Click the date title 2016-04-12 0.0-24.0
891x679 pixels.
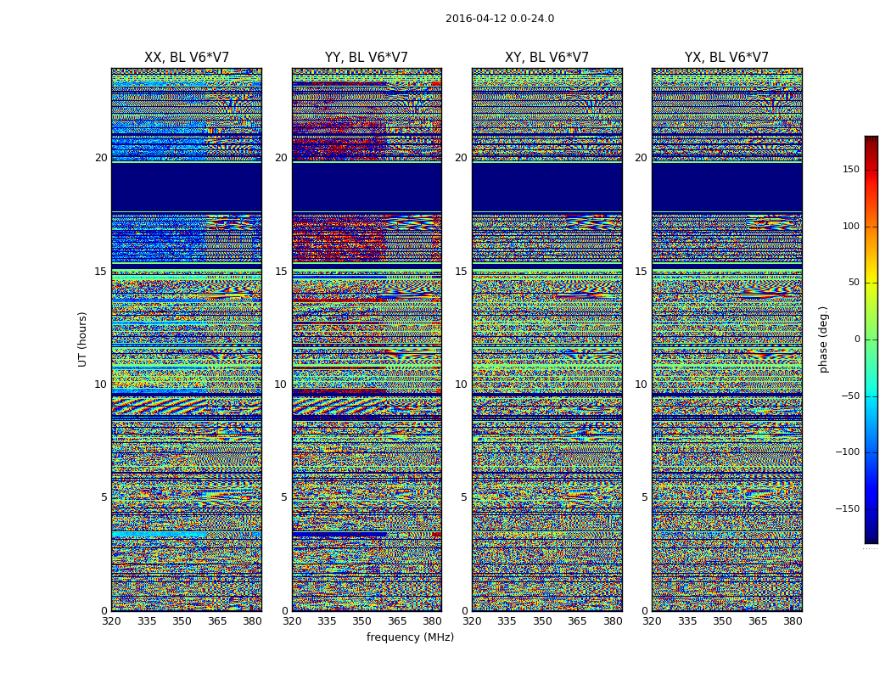click(x=500, y=19)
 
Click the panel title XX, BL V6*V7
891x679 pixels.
click(x=187, y=58)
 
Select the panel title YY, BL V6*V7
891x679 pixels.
click(x=367, y=58)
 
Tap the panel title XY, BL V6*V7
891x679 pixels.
click(x=546, y=58)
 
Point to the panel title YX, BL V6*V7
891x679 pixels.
click(x=726, y=58)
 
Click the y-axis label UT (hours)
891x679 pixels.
click(x=82, y=339)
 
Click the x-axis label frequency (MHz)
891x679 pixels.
click(x=410, y=637)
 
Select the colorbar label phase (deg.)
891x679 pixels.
click(x=823, y=339)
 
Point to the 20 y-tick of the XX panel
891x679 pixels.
click(x=101, y=158)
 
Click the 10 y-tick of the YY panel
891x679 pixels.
click(x=281, y=384)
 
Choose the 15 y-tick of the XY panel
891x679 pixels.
click(x=461, y=272)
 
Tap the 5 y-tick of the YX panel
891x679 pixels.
click(x=644, y=497)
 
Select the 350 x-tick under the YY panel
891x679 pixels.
click(x=362, y=621)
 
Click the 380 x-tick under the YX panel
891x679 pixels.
click(x=793, y=621)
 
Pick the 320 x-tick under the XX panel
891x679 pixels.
click(x=111, y=621)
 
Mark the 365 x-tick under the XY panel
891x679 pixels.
click(x=577, y=621)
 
